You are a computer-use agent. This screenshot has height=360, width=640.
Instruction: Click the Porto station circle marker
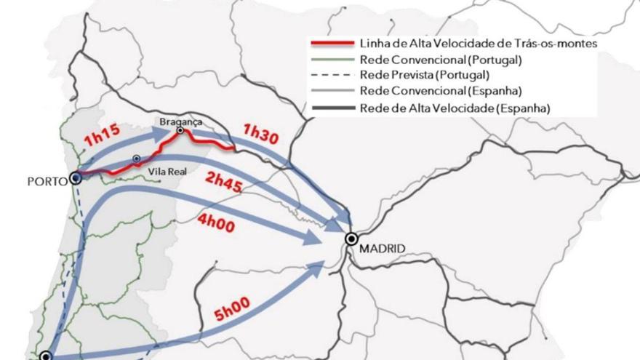click(x=76, y=177)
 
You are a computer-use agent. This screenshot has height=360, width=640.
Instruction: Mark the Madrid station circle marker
click(x=352, y=239)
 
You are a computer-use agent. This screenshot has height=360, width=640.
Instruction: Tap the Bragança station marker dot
click(x=180, y=131)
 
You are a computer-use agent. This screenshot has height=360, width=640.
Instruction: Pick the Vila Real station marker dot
click(x=136, y=159)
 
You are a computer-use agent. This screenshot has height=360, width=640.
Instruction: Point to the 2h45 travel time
click(x=225, y=182)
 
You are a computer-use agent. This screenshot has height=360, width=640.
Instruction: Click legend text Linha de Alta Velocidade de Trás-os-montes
click(x=479, y=44)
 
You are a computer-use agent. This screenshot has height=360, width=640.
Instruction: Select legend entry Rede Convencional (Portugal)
click(x=440, y=60)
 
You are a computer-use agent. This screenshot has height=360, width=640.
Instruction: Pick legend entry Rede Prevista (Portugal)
click(x=424, y=75)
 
